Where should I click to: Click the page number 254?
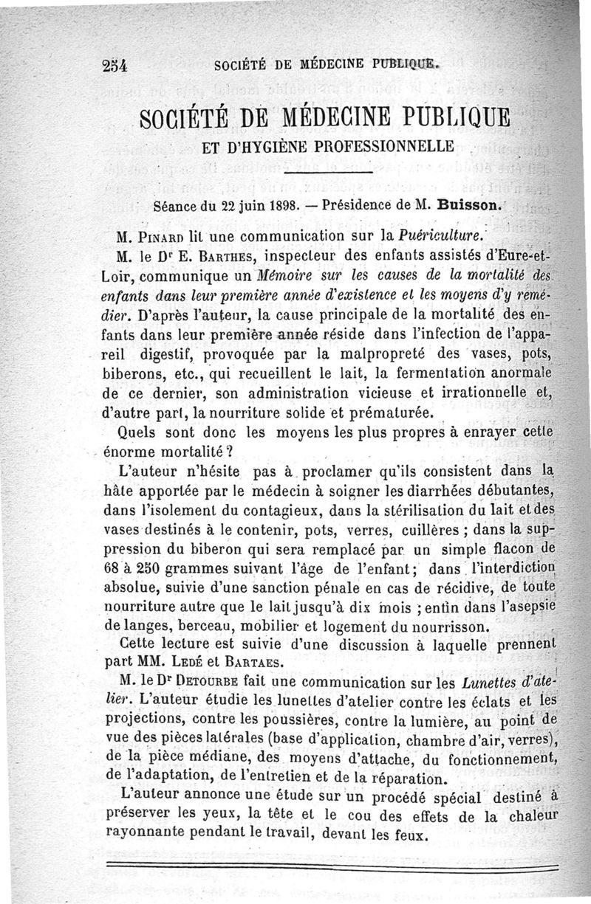(116, 65)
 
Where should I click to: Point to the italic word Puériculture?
(441, 237)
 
